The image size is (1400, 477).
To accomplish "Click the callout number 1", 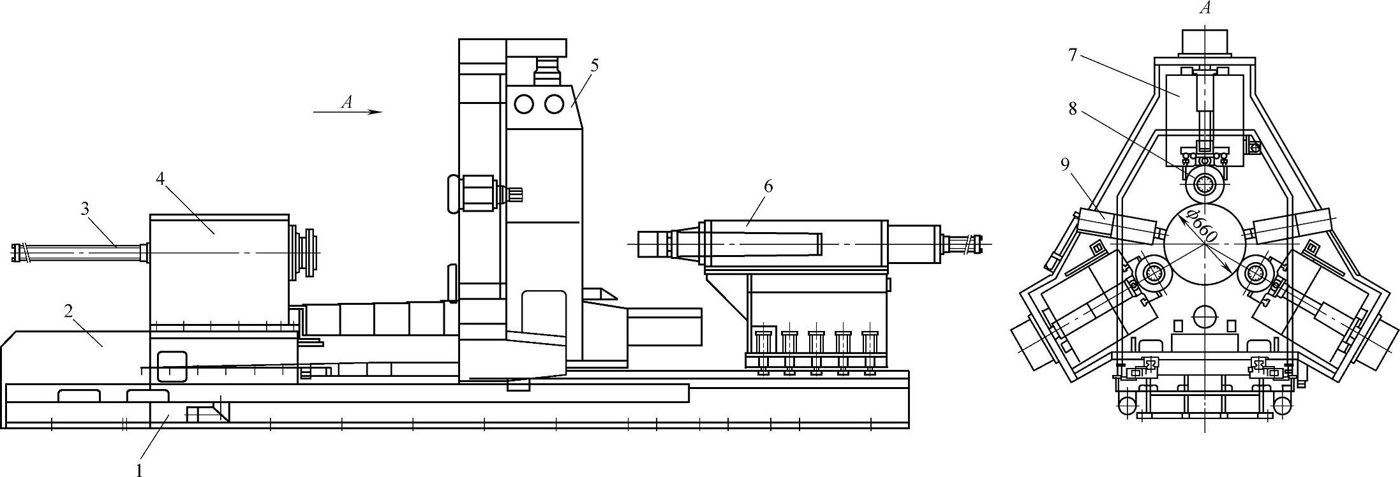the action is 138,470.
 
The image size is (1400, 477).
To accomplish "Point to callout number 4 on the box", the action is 160,179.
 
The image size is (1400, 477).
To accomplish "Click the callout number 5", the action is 594,65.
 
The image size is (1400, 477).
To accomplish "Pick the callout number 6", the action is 768,186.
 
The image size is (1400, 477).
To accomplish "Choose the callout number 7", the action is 1073,55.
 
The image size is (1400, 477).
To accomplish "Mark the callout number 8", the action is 1073,110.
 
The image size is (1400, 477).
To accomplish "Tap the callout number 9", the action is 1064,166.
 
